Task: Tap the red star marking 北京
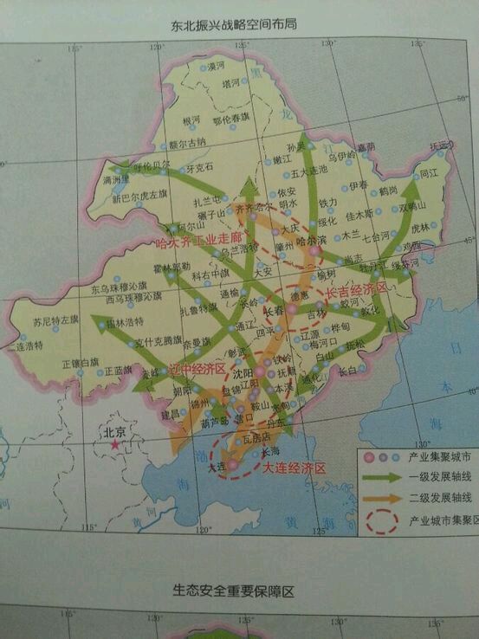click(113, 446)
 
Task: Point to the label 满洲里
click(116, 180)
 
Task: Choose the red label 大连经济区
click(295, 468)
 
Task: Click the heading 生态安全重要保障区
click(234, 591)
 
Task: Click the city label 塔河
click(231, 84)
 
